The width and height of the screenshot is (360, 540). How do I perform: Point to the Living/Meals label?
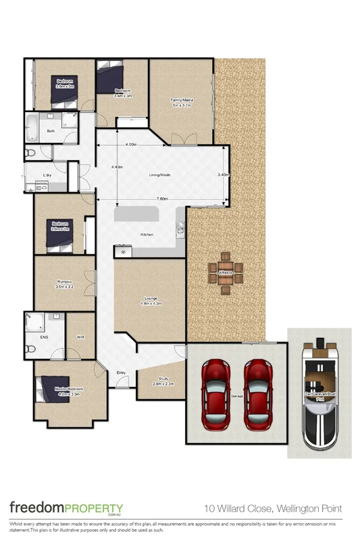[x=160, y=175]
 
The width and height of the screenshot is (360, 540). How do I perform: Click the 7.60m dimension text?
[x=162, y=199]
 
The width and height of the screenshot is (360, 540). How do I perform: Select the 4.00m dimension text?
[x=131, y=144]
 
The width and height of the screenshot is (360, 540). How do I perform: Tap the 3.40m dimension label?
[x=222, y=175]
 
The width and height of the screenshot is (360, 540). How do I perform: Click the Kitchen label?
[x=147, y=234]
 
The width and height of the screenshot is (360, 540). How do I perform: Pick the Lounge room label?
[x=151, y=299]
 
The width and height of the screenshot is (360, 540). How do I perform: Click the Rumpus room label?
[x=64, y=285]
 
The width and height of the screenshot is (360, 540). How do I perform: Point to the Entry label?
[x=121, y=372]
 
